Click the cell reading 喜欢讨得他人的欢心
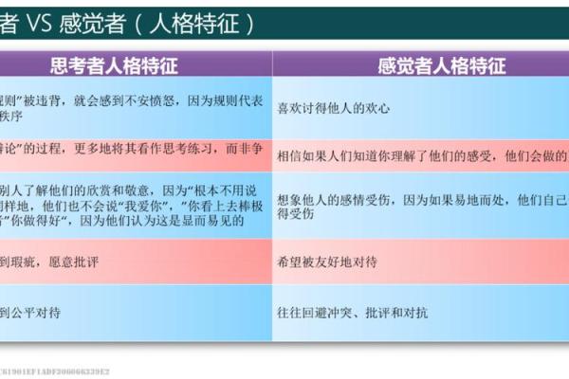(x=338, y=108)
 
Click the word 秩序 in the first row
(x=13, y=117)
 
